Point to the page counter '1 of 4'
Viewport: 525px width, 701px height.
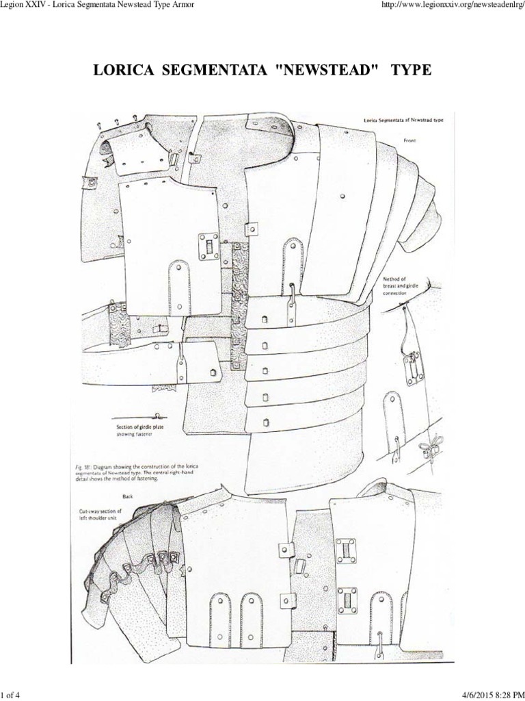tap(12, 692)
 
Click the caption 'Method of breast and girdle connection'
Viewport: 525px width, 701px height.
tap(405, 285)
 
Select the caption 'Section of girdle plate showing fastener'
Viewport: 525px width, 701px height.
tap(139, 431)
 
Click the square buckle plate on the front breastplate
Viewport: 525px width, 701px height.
tap(206, 243)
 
